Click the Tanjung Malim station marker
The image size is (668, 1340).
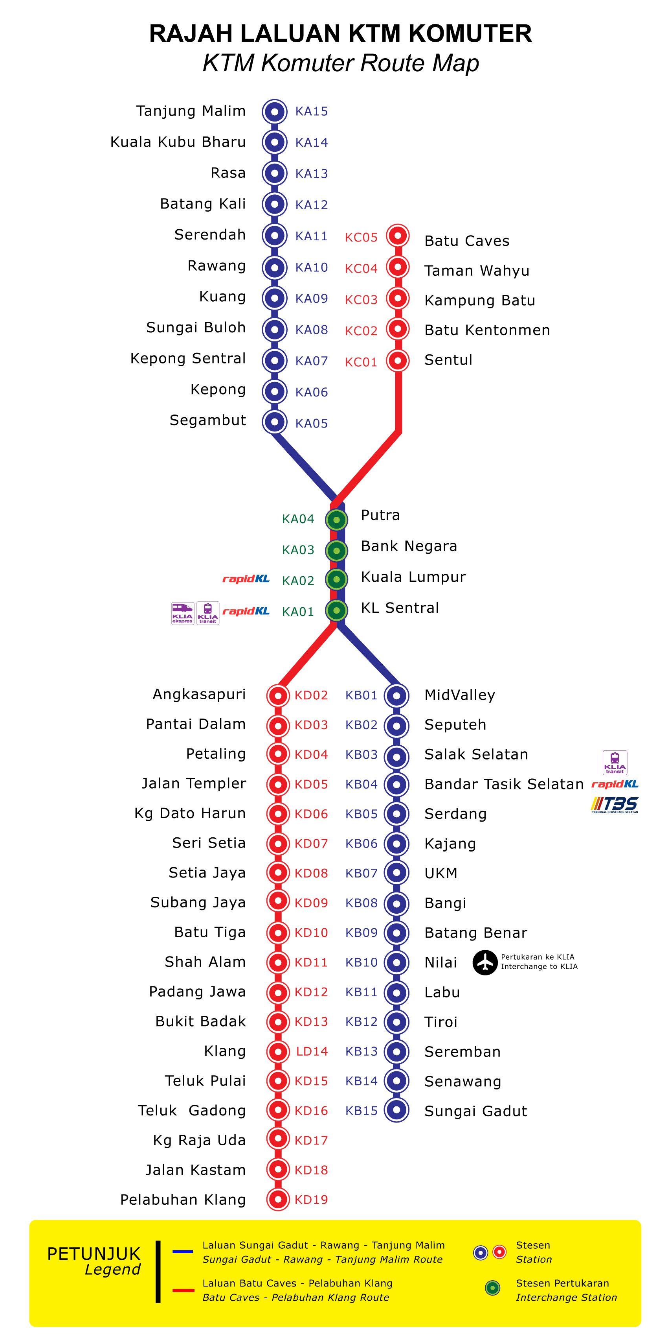[x=275, y=111]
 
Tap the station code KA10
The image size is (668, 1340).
[x=311, y=267]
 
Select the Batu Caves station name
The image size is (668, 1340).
[x=467, y=241]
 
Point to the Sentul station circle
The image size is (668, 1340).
[x=398, y=360]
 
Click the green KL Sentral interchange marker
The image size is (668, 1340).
[x=336, y=610]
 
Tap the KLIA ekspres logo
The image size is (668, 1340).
[x=182, y=613]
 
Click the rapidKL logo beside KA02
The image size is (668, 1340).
[x=246, y=579]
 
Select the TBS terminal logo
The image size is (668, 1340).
[x=615, y=805]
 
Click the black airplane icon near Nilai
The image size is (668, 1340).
[x=485, y=962]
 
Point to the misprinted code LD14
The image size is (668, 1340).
[x=312, y=1051]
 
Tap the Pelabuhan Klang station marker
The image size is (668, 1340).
[x=277, y=1200]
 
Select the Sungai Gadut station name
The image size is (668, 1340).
[x=476, y=1111]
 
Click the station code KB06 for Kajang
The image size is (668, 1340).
[x=361, y=843]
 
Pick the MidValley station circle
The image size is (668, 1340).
[x=396, y=695]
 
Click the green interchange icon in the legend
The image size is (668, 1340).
[x=492, y=1288]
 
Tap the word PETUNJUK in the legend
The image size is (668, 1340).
[x=94, y=1253]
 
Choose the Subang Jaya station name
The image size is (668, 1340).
[x=198, y=903]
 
